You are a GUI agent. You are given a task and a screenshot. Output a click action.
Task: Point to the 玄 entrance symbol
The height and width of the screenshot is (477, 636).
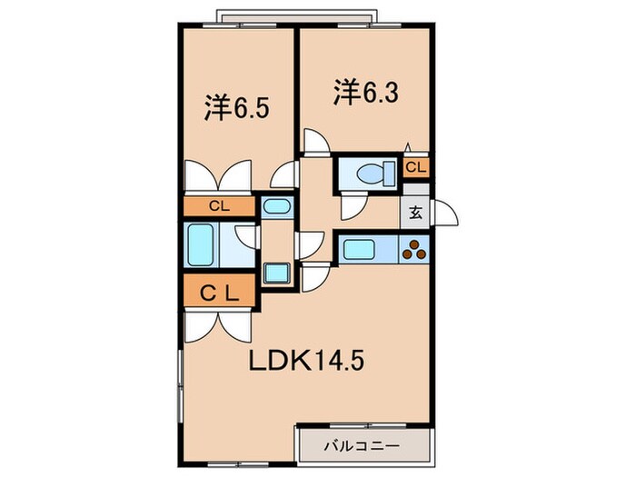414,214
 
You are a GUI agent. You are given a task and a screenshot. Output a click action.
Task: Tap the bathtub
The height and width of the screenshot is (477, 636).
201,243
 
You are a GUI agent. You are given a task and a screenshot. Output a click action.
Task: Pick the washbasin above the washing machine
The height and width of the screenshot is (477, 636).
275,206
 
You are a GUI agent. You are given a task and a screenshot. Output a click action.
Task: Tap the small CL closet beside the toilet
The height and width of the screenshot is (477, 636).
415,167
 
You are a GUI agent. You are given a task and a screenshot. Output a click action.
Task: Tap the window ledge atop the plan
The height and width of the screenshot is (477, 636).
296,16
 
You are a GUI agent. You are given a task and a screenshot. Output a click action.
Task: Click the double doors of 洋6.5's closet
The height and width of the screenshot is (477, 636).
219,174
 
